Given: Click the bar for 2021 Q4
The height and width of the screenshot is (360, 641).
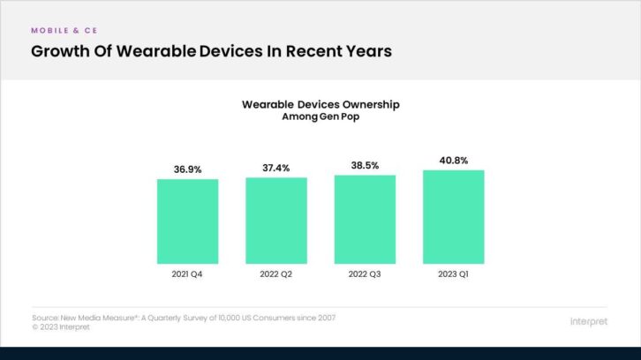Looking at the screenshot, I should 188,221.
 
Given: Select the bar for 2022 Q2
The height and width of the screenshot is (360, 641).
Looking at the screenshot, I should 276,220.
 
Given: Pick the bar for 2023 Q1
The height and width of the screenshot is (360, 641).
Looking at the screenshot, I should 453,215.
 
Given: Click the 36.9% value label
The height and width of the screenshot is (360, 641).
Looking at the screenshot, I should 188,169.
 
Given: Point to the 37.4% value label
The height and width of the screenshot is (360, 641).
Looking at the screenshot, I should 276,168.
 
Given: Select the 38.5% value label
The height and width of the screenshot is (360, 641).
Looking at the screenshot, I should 365,165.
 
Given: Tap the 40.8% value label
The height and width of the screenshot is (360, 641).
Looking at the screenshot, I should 453,160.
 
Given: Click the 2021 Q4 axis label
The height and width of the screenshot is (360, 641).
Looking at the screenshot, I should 188,274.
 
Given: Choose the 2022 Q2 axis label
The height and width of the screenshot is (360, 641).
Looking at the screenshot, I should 276,274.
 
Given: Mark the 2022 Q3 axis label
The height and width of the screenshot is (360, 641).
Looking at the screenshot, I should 365,274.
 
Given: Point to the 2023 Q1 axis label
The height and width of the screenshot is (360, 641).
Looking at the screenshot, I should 453,274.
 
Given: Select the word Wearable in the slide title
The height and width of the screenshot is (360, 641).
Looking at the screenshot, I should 157,51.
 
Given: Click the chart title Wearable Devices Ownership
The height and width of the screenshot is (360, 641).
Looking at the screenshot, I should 320,104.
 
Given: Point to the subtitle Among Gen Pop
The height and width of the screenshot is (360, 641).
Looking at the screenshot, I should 320,116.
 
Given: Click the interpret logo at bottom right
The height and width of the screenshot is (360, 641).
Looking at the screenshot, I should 590,321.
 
